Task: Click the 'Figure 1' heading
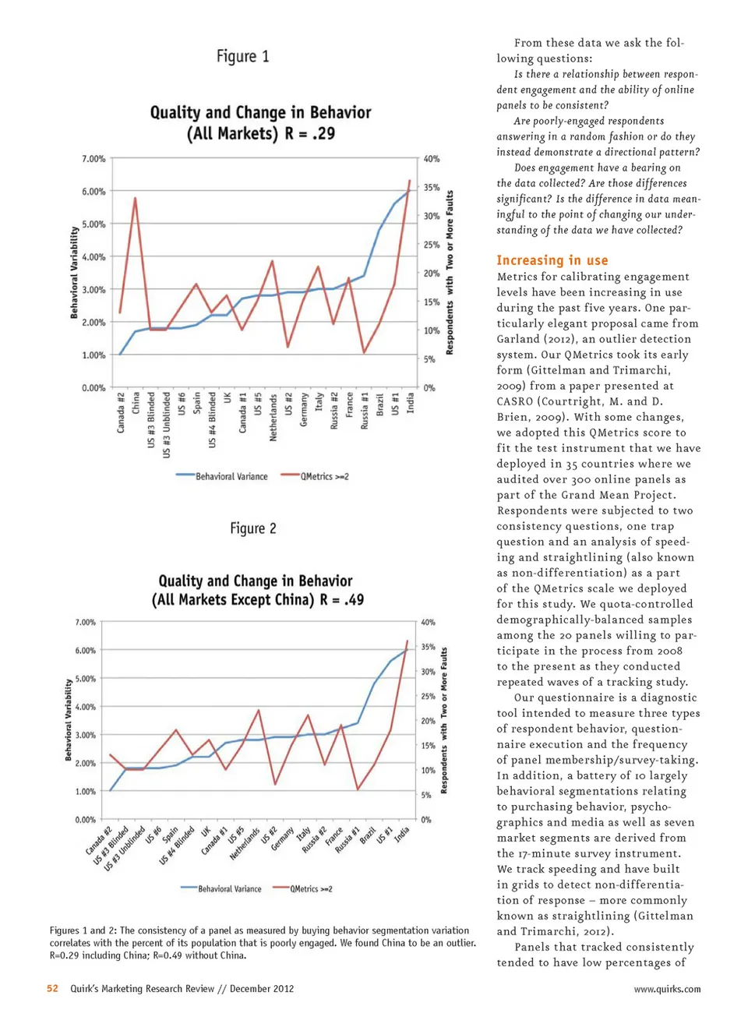point(242,56)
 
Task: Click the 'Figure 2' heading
point(252,528)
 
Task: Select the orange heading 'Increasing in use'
point(552,260)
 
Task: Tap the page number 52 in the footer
point(52,988)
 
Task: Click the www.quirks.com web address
point(667,989)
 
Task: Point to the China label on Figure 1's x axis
point(136,403)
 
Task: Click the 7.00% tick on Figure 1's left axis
point(93,159)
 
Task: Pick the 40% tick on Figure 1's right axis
point(432,159)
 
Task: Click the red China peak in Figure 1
point(136,199)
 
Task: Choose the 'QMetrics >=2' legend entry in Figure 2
point(311,888)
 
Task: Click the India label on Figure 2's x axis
point(401,835)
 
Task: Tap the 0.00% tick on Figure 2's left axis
point(86,820)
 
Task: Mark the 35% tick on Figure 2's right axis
point(428,647)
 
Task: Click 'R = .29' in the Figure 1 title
point(310,133)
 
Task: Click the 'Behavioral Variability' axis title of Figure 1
point(75,273)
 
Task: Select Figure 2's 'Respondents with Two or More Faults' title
point(444,720)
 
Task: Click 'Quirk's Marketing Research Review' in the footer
point(142,988)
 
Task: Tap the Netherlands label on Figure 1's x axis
point(273,418)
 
